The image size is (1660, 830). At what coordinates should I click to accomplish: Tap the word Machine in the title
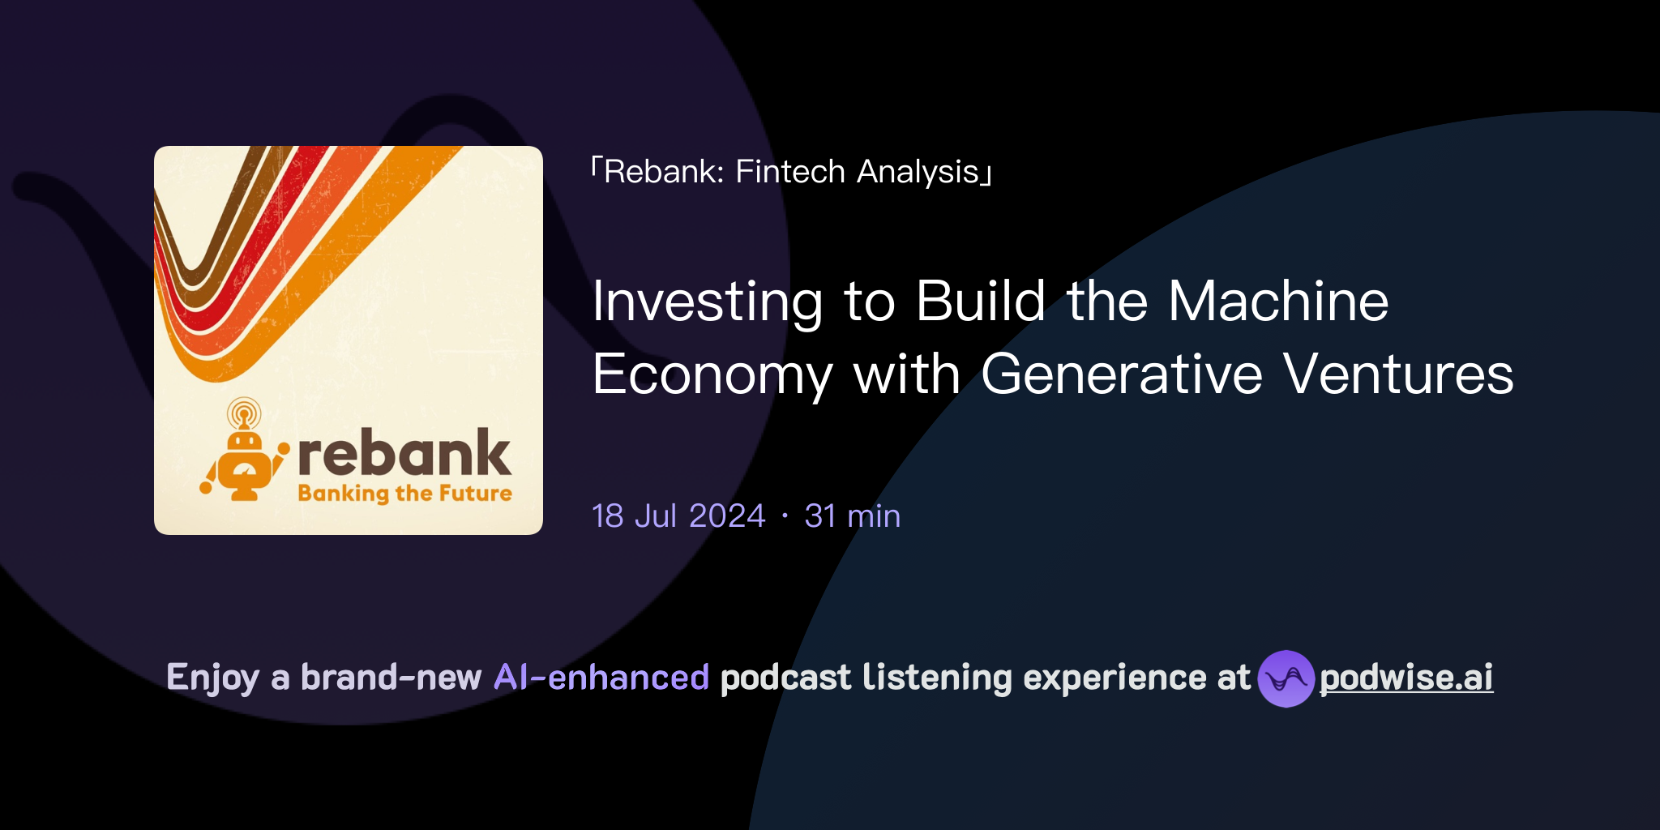(x=1278, y=301)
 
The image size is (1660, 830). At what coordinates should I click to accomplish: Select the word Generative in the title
(x=1121, y=374)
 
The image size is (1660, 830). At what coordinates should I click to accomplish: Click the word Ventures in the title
(x=1398, y=374)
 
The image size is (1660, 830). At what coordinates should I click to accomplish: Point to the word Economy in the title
(x=712, y=376)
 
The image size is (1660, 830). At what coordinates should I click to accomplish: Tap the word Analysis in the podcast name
(x=918, y=173)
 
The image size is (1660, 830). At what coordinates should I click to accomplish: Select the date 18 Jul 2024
(x=678, y=516)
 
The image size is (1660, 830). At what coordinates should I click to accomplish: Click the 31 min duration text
(x=852, y=516)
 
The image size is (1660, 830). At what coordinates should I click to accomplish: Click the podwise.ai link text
(x=1406, y=678)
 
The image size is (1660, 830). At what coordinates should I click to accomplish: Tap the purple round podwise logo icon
(x=1286, y=678)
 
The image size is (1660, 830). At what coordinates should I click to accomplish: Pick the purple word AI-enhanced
(x=601, y=678)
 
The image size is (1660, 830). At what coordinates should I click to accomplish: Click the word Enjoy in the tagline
(x=212, y=678)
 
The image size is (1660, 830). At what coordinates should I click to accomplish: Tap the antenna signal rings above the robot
(x=244, y=412)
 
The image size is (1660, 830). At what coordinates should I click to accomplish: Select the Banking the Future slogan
(x=404, y=493)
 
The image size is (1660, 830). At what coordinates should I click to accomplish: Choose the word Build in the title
(x=981, y=301)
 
